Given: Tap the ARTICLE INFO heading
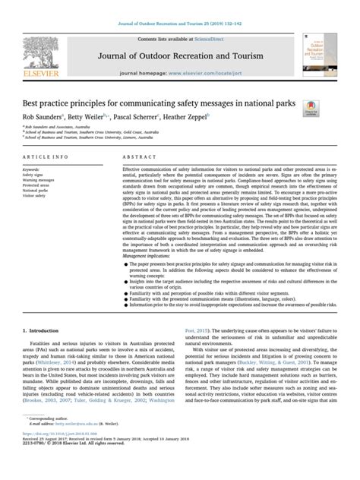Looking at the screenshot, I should point(46,157).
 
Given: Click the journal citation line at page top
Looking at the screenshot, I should point(180,25).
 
